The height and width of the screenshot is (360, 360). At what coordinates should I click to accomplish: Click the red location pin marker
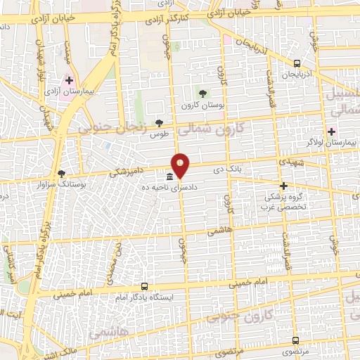pos(181,165)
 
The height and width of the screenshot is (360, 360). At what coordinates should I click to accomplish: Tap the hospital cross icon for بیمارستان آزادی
pos(69,79)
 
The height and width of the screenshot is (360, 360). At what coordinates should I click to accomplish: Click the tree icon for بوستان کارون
pos(202,93)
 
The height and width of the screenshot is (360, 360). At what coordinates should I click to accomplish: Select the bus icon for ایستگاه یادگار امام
pos(144,286)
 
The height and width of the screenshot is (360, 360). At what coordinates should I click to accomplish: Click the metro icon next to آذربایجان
pos(297,63)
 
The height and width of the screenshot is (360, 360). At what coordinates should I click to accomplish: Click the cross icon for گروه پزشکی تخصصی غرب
pos(284,186)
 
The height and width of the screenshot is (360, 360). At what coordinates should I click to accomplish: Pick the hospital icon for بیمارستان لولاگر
pos(331,131)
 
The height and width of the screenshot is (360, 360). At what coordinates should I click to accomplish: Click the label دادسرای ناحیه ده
pos(160,188)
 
